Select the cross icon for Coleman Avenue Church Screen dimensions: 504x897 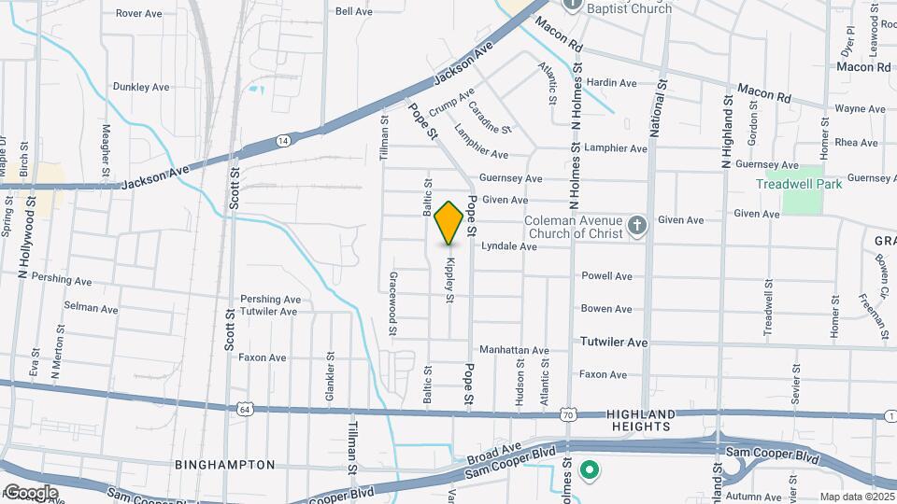pyautogui.click(x=636, y=225)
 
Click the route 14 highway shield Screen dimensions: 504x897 pyautogui.click(x=282, y=140)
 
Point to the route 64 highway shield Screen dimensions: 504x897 pyautogui.click(x=245, y=409)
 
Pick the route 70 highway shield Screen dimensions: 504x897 pyautogui.click(x=568, y=413)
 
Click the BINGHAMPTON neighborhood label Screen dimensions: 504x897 pyautogui.click(x=225, y=464)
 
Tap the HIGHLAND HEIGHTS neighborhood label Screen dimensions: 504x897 pyautogui.click(x=640, y=420)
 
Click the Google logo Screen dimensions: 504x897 pyautogui.click(x=31, y=492)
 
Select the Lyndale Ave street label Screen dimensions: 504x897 pyautogui.click(x=508, y=247)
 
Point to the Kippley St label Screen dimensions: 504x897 pyautogui.click(x=450, y=280)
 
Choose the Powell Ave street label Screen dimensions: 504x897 pyautogui.click(x=606, y=276)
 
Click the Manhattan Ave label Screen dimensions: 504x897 pyautogui.click(x=514, y=350)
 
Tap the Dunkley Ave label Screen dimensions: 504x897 pyautogui.click(x=141, y=87)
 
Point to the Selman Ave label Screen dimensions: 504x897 pyautogui.click(x=91, y=307)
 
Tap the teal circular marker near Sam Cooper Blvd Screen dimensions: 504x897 pyautogui.click(x=589, y=469)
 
